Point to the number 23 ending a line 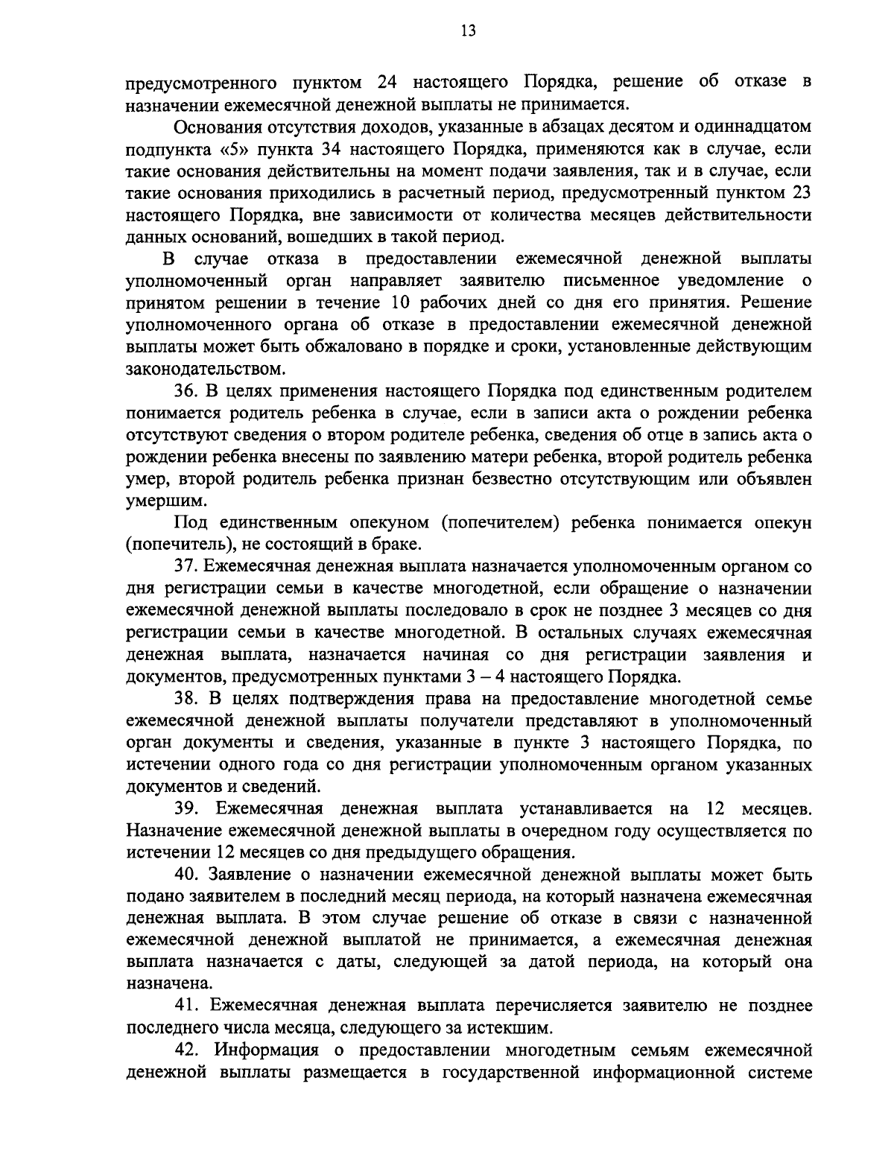pos(800,194)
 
